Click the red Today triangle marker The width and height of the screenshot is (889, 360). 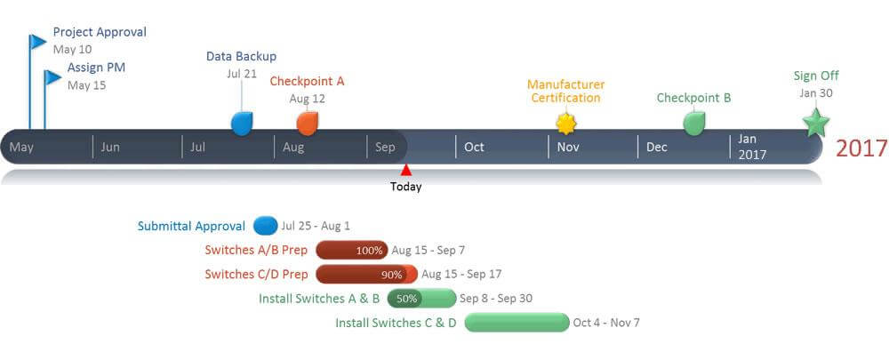click(406, 170)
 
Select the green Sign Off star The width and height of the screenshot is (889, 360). click(815, 124)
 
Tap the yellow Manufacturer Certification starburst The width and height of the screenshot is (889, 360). click(565, 123)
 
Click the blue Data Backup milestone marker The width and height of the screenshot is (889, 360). click(241, 124)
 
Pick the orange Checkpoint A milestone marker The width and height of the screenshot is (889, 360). click(308, 123)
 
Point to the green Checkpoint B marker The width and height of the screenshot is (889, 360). click(694, 123)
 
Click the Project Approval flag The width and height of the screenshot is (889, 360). click(37, 42)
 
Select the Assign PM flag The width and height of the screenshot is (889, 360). click(52, 77)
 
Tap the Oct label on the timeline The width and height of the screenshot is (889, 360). click(475, 147)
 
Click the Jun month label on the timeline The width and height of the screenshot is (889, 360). click(110, 147)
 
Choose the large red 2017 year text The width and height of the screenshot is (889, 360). click(861, 148)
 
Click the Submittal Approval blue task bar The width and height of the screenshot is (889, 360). click(265, 226)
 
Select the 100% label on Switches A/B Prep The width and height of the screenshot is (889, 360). click(369, 251)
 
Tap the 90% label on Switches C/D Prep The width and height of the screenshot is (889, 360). click(391, 275)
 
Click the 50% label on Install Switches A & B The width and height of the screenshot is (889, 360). click(406, 299)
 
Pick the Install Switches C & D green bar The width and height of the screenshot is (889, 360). click(517, 323)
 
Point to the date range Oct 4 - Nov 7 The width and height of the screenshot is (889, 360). click(606, 323)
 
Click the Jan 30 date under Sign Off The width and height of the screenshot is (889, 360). click(815, 93)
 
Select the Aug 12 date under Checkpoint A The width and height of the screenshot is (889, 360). click(308, 99)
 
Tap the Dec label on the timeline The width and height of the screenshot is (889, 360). click(657, 147)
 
